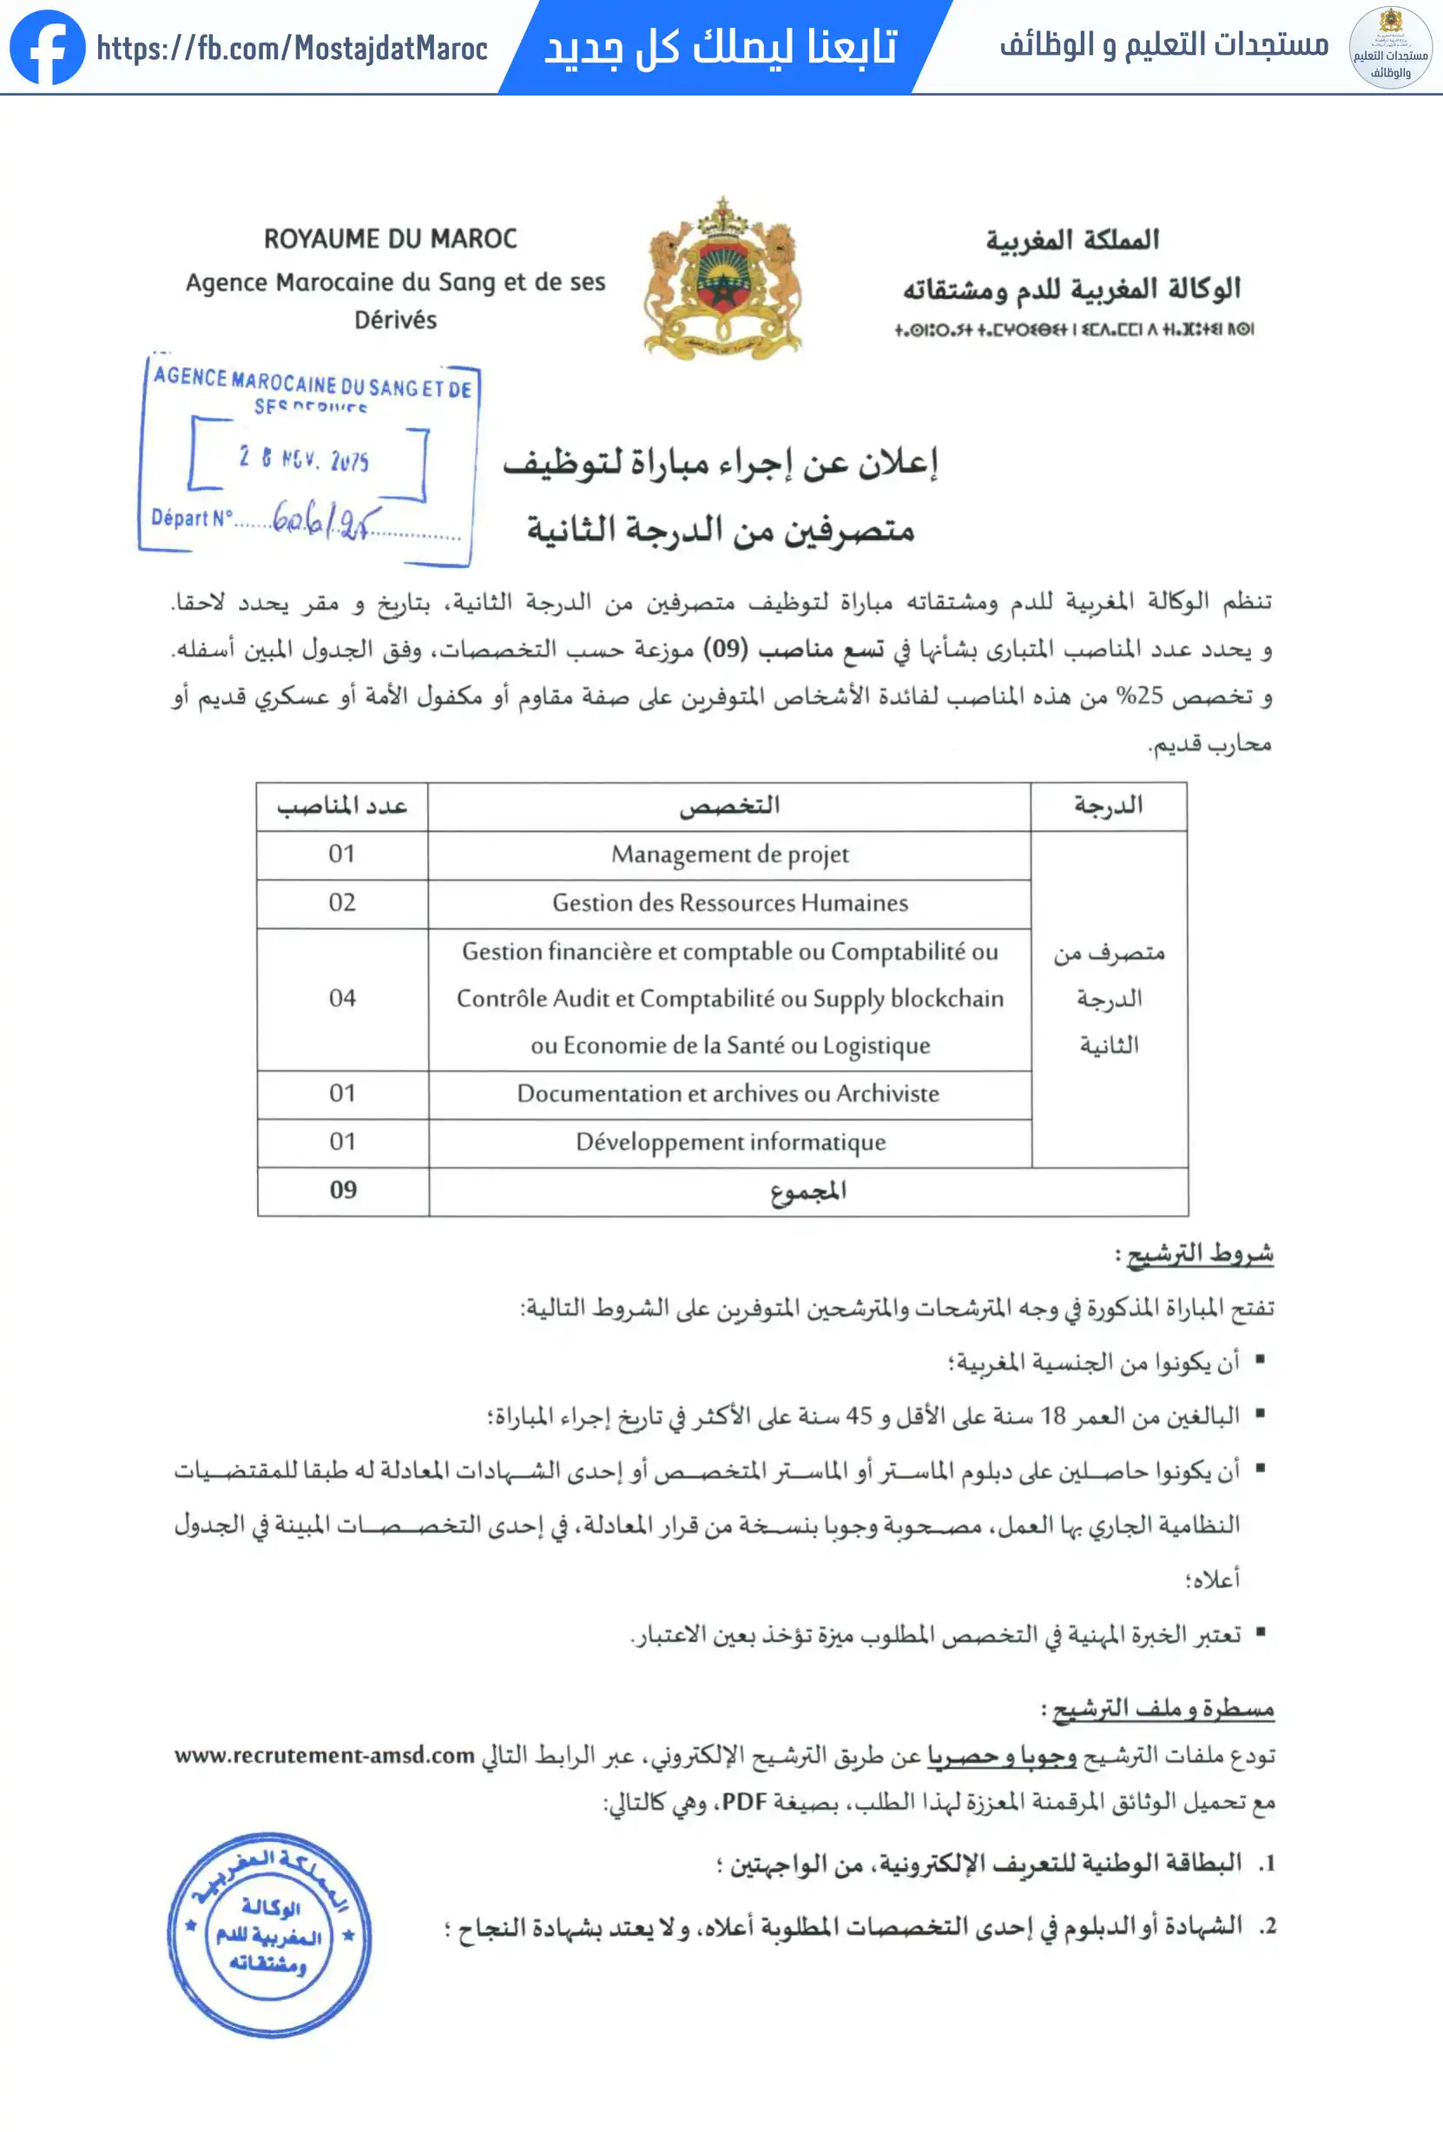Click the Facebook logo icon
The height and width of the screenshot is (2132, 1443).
(47, 48)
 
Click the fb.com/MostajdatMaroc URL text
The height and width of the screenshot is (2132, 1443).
(292, 49)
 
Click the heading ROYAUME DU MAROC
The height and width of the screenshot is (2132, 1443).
(391, 240)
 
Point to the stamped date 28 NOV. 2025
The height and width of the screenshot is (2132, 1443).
(305, 459)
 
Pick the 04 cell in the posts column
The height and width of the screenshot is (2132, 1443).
(342, 998)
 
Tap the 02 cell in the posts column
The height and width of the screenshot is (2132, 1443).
(342, 902)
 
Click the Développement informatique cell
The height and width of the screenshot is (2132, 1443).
(730, 1142)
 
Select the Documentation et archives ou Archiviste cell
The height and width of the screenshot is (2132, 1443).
(728, 1093)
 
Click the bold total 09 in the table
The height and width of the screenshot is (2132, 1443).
(343, 1191)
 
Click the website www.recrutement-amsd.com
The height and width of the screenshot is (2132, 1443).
(325, 1756)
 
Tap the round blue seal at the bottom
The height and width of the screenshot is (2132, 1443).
(269, 1936)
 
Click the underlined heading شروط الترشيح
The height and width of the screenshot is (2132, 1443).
(1199, 1254)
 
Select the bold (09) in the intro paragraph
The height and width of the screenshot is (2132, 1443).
(727, 650)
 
